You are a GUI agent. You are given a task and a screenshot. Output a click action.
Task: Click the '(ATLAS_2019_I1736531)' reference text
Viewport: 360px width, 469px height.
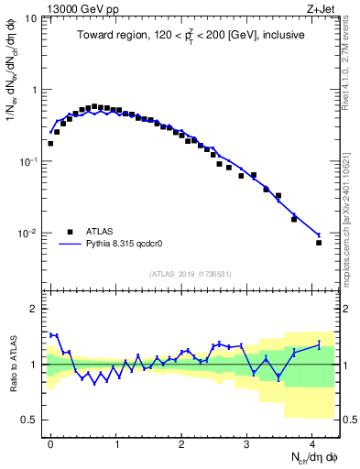(191, 274)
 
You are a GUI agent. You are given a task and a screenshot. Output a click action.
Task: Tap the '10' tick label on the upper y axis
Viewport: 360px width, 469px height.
(29, 18)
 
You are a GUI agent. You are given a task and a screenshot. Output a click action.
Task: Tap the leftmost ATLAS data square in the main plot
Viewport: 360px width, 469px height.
(50, 143)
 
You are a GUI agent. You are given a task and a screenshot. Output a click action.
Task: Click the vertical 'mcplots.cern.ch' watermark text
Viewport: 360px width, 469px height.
(353, 220)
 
